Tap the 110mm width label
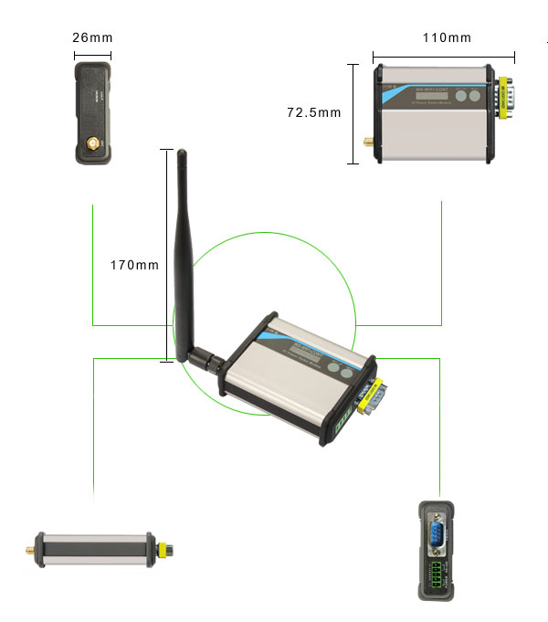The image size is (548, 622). pyautogui.click(x=447, y=38)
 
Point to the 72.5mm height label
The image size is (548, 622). pyautogui.click(x=313, y=113)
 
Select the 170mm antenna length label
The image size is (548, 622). pyautogui.click(x=134, y=266)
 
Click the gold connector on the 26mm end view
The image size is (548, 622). pyautogui.click(x=93, y=144)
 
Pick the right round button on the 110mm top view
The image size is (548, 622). pyautogui.click(x=476, y=96)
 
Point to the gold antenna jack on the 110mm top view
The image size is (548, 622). pyautogui.click(x=365, y=142)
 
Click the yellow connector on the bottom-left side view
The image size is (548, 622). pyautogui.click(x=164, y=550)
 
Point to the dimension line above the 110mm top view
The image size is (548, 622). pyautogui.click(x=443, y=56)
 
